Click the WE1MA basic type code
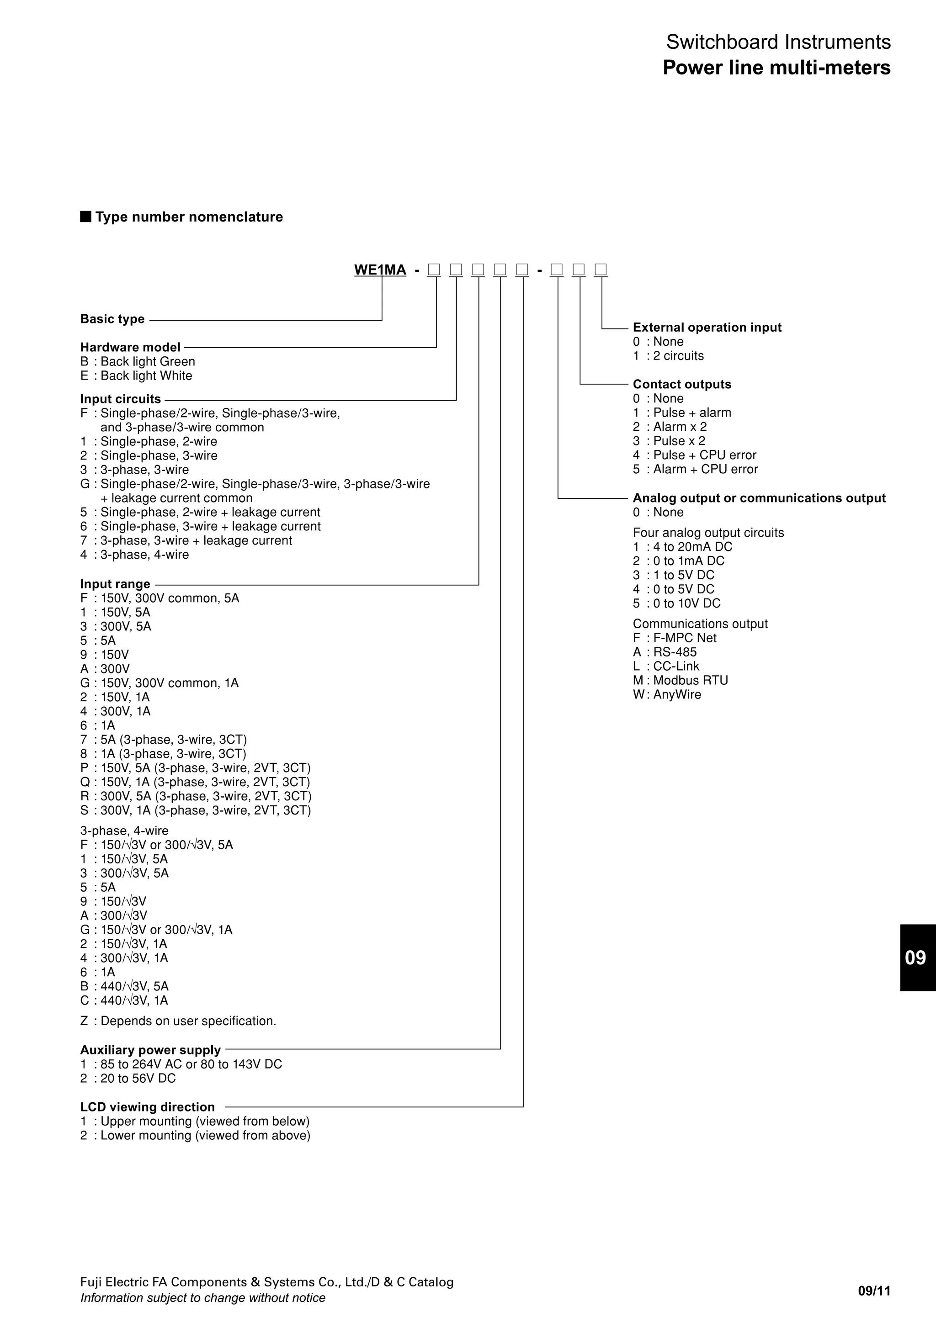tap(380, 270)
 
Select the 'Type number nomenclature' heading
tap(188, 217)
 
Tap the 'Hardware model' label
tap(130, 348)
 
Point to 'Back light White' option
tap(146, 376)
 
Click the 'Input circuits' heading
tap(121, 399)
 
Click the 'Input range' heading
tap(115, 584)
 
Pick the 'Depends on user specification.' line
tap(188, 1021)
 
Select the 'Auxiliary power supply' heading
tap(150, 1050)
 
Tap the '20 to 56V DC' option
tap(138, 1078)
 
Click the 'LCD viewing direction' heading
tap(148, 1107)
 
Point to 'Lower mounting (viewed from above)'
tap(205, 1135)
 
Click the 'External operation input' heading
tap(707, 327)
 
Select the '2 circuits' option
tap(678, 355)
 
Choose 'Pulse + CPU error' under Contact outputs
tap(704, 455)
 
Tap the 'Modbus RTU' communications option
tap(691, 681)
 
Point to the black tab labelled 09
tap(916, 958)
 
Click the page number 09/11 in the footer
tap(874, 1291)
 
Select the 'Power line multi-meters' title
tap(776, 68)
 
